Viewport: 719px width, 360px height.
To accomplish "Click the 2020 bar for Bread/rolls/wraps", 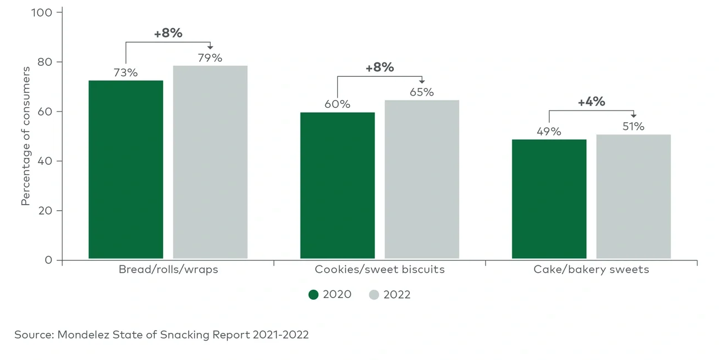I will [126, 169].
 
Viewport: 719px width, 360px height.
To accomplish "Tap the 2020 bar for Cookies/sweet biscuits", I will [337, 185].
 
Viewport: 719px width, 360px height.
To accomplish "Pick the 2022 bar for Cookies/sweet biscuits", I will [422, 179].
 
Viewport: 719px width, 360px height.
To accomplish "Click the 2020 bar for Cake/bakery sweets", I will [549, 199].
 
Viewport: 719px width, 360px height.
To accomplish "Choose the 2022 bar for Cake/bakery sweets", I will [633, 196].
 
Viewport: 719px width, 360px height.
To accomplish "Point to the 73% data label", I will [126, 72].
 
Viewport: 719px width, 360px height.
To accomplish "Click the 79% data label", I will [210, 58].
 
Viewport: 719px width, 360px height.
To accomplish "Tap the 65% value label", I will [422, 92].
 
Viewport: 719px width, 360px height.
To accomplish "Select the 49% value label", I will [549, 132].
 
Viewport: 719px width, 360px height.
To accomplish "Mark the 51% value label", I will [633, 127].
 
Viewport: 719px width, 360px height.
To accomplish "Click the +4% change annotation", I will [591, 102].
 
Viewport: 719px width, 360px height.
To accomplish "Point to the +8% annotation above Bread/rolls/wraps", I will [168, 33].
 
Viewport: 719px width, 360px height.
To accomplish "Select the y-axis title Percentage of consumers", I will [25, 137].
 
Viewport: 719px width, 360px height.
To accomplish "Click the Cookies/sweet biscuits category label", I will [379, 270].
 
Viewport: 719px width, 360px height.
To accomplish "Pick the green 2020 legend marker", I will [314, 295].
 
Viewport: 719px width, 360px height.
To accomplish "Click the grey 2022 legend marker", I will [374, 295].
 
